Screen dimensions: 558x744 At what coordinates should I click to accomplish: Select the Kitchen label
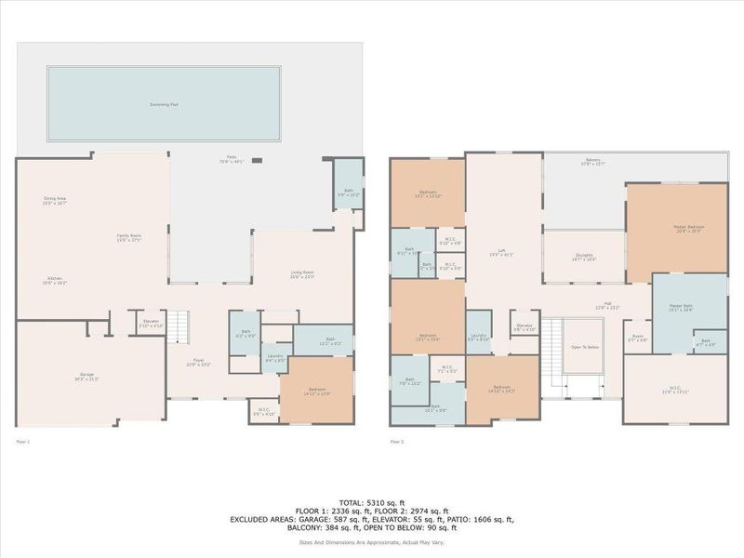point(56,282)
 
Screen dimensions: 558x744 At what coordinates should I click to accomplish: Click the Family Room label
point(129,237)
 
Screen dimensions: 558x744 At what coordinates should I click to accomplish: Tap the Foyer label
point(198,363)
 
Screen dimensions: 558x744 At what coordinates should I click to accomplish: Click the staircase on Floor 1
point(181,325)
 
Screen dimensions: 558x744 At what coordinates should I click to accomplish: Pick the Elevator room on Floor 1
point(152,324)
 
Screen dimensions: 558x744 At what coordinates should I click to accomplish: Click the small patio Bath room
point(347,192)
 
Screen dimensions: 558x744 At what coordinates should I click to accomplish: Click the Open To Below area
point(584,346)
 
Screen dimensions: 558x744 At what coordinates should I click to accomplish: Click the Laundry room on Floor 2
point(478,337)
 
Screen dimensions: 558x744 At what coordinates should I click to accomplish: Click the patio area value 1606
point(487,519)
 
